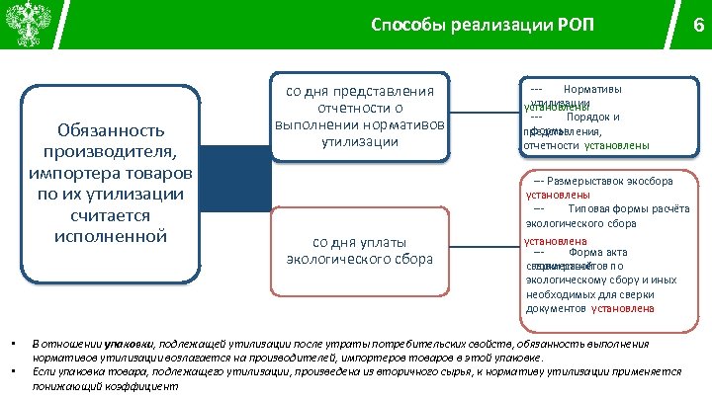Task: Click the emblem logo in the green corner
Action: [x=24, y=24]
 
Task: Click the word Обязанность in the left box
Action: [x=111, y=130]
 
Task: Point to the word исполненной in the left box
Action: [x=111, y=236]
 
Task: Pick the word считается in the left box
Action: [x=111, y=214]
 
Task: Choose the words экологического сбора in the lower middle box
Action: [x=359, y=260]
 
